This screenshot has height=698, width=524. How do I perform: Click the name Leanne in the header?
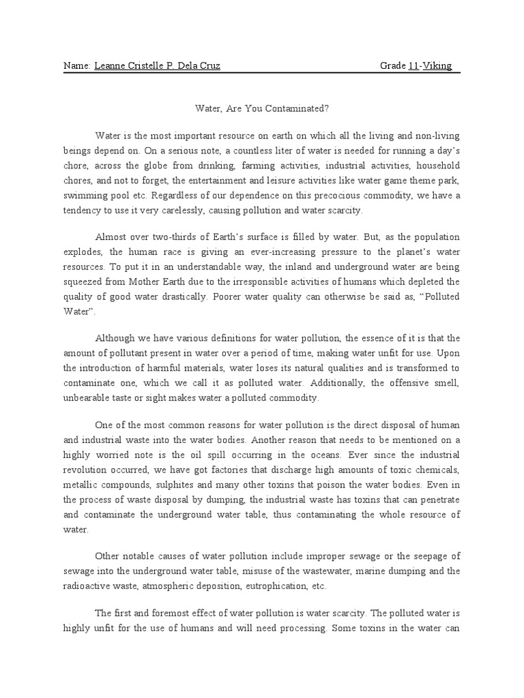click(x=110, y=66)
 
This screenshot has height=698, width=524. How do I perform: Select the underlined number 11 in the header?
click(x=413, y=66)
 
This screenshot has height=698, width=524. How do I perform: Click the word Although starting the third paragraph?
click(x=117, y=337)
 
